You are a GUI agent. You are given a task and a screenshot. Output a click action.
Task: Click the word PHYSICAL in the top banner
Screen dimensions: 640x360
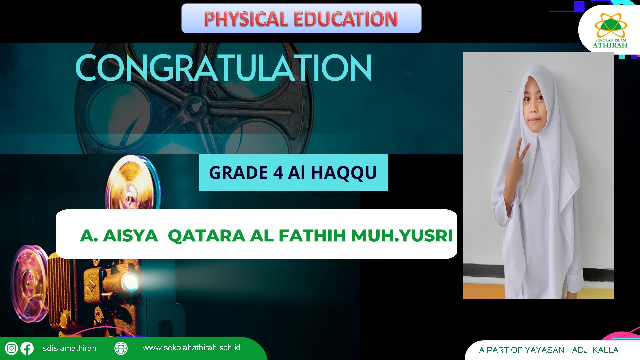pyautogui.click(x=246, y=19)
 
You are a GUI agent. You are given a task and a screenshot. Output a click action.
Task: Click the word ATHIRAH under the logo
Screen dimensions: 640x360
pyautogui.click(x=610, y=45)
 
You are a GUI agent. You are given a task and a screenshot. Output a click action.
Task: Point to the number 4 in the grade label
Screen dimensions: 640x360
pyautogui.click(x=278, y=173)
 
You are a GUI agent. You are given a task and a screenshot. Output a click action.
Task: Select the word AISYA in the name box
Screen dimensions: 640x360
pyautogui.click(x=130, y=236)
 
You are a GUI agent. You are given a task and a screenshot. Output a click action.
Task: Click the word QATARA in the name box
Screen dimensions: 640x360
pyautogui.click(x=207, y=236)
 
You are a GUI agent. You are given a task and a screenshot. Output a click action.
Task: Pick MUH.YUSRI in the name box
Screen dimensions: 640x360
pyautogui.click(x=402, y=236)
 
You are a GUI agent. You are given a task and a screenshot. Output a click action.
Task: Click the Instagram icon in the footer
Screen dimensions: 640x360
pyautogui.click(x=11, y=348)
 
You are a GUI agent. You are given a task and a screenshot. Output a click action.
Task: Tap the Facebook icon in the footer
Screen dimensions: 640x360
pyautogui.click(x=27, y=348)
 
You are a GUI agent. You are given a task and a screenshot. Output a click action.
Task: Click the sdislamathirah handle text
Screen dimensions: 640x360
pyautogui.click(x=69, y=348)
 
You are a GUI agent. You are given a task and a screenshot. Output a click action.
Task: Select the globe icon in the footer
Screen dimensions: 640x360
pyautogui.click(x=121, y=348)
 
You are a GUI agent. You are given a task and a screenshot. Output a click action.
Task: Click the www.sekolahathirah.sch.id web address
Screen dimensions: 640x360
pyautogui.click(x=191, y=348)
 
